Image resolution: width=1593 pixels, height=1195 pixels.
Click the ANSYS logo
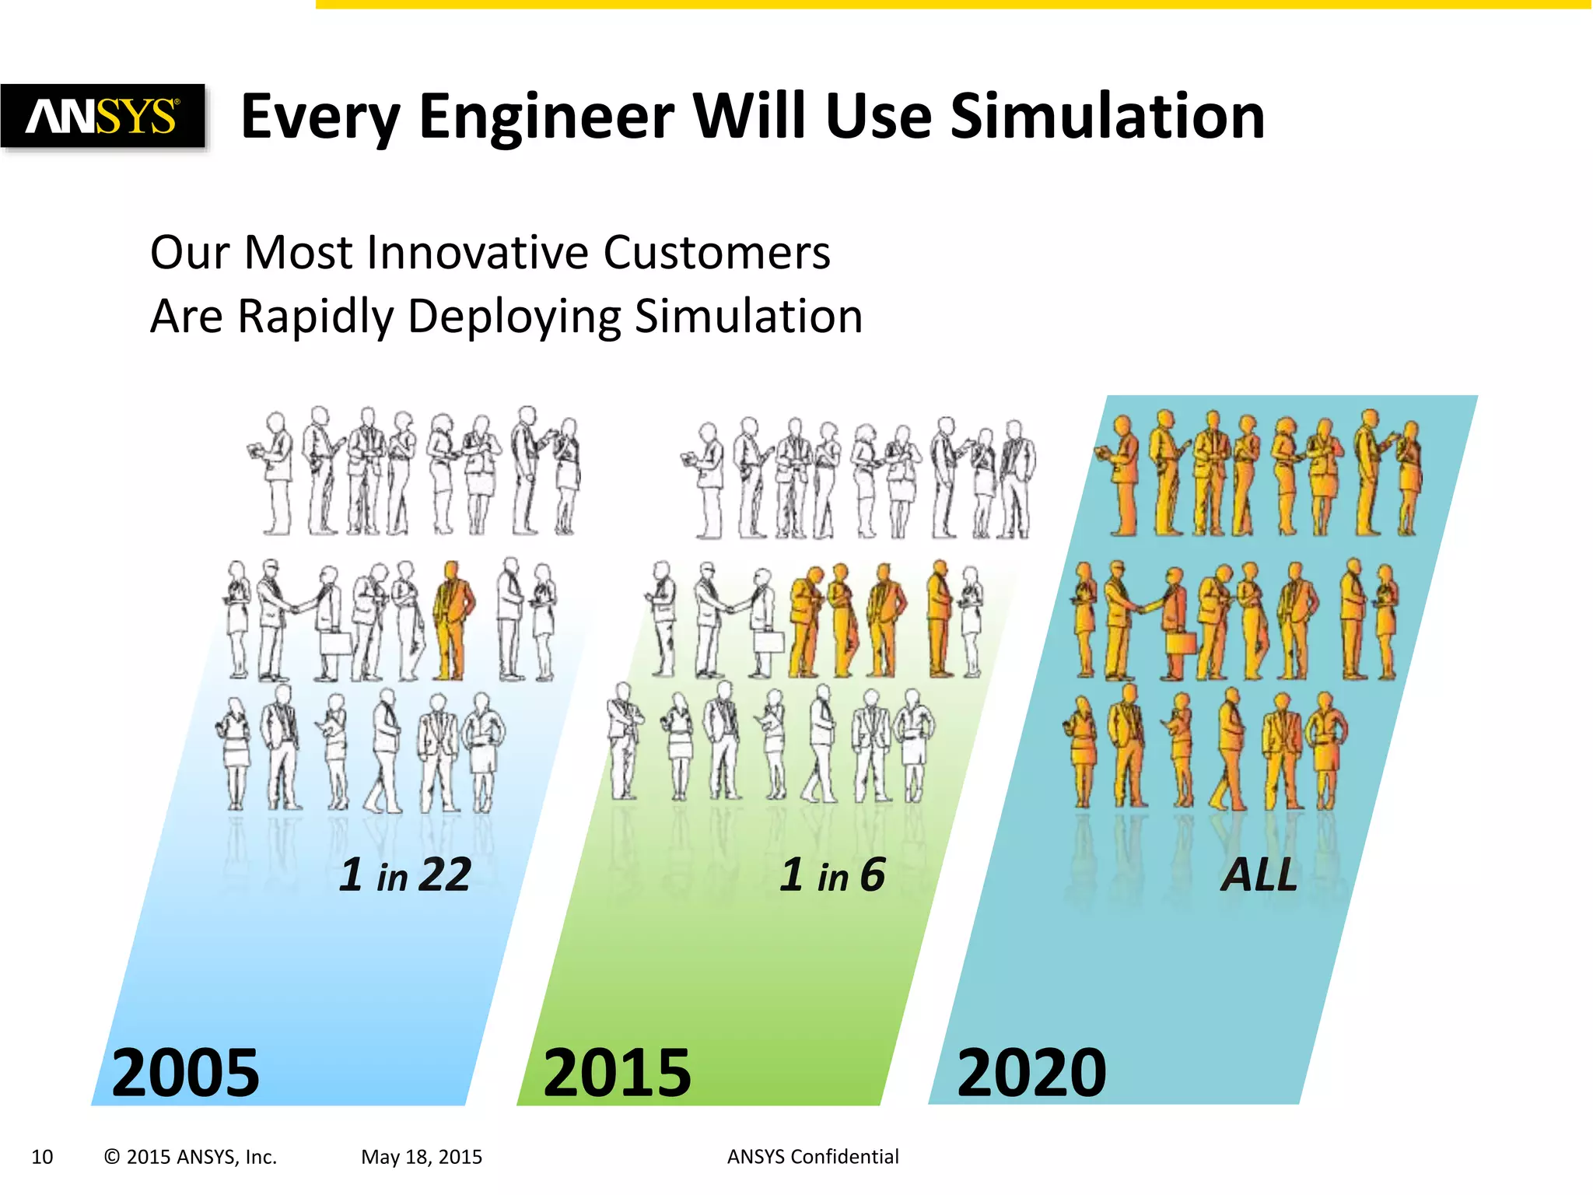point(102,117)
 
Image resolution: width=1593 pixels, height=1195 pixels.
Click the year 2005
point(185,1074)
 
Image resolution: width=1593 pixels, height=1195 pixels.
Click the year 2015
point(617,1074)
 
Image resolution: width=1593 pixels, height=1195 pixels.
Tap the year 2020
point(1031,1074)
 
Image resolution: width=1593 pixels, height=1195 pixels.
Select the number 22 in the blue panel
point(444,874)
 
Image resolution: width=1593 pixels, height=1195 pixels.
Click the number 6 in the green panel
point(872,874)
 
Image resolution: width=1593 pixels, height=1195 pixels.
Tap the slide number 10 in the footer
point(42,1157)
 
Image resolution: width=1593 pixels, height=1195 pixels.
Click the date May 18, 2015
point(421,1157)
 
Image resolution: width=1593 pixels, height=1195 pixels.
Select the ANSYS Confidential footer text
point(812,1157)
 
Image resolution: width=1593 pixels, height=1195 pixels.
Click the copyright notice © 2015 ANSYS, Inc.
point(190,1157)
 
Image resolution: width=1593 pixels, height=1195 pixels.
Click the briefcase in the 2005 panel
point(338,643)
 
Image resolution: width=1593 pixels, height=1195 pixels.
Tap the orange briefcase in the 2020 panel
point(1181,643)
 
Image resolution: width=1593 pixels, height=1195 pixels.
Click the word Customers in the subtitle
point(716,253)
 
